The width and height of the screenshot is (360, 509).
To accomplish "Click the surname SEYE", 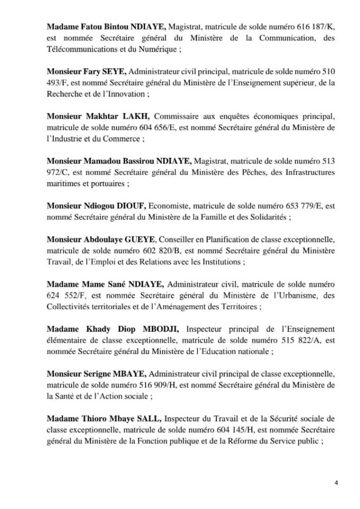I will coord(114,73).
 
